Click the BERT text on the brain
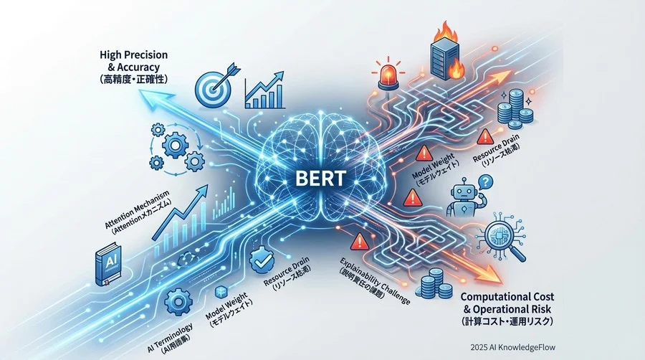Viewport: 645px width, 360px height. click(x=320, y=176)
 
